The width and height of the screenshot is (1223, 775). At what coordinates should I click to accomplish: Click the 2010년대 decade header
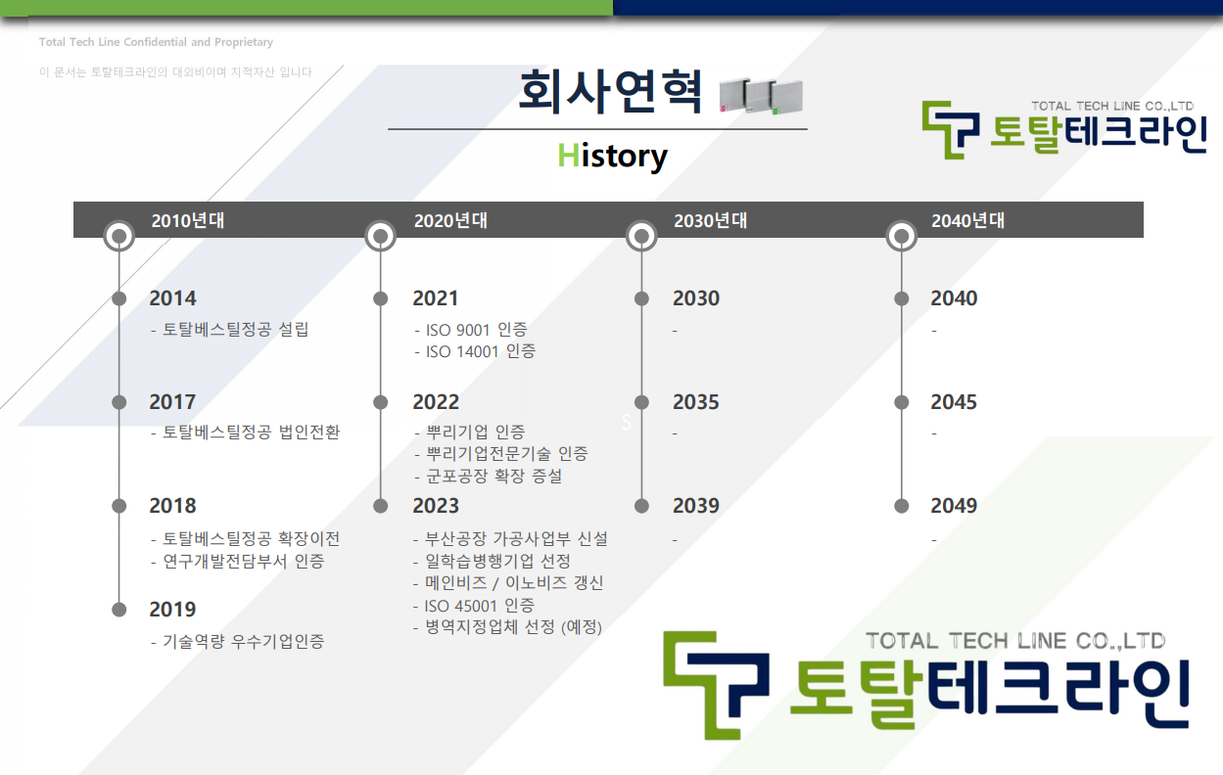point(188,220)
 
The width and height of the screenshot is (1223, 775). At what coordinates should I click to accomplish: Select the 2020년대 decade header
point(450,220)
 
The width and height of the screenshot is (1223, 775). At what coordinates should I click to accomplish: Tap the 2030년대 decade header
point(710,220)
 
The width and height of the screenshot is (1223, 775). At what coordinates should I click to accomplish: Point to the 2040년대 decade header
point(968,220)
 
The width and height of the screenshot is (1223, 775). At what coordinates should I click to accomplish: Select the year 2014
point(172,298)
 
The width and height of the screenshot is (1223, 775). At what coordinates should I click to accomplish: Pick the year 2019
point(172,609)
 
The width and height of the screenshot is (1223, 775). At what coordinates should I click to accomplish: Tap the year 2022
point(436,402)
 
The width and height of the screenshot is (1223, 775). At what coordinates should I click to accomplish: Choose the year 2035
point(696,402)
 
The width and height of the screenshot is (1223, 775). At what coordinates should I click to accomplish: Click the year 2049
point(954,506)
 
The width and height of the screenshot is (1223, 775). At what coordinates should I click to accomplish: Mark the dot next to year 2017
point(119,402)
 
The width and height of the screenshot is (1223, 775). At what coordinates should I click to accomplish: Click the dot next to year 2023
point(381,506)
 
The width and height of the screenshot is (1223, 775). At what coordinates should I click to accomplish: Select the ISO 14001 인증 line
point(475,351)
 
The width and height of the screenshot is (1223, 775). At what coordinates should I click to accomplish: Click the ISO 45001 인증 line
point(474,606)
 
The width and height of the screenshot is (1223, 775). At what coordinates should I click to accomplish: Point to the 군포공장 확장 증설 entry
point(488,476)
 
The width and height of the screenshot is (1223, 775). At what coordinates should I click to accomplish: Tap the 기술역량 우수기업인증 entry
point(238,641)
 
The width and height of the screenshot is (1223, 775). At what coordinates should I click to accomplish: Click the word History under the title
point(612,157)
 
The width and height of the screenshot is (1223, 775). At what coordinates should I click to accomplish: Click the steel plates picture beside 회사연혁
point(761,97)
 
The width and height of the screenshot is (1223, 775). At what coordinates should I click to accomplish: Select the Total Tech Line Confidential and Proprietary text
point(156,42)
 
